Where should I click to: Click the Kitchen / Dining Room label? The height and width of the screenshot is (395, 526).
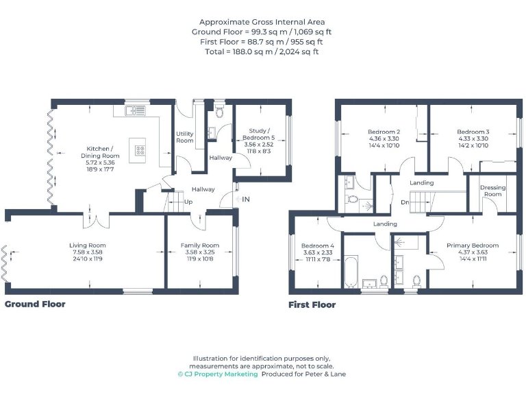coord(103,152)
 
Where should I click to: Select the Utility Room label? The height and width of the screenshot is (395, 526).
coord(185,136)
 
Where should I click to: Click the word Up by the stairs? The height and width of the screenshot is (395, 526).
coord(188,202)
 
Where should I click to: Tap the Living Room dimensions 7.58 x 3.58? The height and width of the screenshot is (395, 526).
coord(88,252)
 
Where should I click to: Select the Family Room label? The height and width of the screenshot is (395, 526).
coord(200,245)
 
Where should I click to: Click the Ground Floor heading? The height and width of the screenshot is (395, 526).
coord(36,304)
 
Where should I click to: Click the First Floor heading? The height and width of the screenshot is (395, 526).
coord(312,304)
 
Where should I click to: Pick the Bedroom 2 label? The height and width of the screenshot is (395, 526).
coord(384,132)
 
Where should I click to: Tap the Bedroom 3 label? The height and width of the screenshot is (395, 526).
coord(473,132)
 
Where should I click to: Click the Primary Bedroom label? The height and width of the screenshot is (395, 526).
coord(473,245)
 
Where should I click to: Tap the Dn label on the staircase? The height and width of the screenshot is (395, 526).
coord(405,202)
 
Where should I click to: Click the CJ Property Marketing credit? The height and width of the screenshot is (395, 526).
coord(218,374)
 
